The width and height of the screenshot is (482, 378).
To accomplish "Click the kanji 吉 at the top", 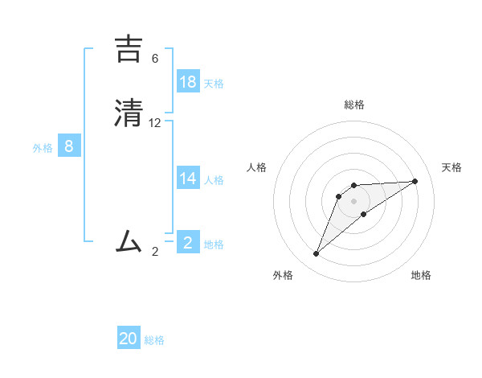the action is click(130, 49).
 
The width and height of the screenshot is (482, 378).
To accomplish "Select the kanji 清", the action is click(130, 113).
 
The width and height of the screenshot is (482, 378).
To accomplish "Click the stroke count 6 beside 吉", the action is click(155, 59).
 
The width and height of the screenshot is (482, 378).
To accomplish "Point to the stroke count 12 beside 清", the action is click(155, 123).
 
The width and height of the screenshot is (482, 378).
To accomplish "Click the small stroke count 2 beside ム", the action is click(155, 252).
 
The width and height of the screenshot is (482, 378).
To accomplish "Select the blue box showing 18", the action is click(188, 82).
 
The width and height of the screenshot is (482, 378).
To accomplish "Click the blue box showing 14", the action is click(188, 179).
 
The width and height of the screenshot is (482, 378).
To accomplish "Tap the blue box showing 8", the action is click(69, 146).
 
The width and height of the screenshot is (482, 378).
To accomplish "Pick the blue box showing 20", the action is click(129, 339).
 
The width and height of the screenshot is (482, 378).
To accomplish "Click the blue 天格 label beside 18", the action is click(214, 84).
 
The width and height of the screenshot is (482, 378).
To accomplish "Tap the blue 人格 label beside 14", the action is click(214, 180).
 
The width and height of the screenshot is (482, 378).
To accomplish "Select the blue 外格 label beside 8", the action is click(43, 148).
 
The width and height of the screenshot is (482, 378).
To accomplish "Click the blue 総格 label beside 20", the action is click(154, 340).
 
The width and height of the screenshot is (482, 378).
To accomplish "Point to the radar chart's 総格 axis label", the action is click(354, 105).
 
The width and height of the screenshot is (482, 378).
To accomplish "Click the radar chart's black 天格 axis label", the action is click(451, 167).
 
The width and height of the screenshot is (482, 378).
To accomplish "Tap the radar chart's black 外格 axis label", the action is click(283, 275).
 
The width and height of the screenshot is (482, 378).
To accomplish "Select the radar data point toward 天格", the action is click(415, 181).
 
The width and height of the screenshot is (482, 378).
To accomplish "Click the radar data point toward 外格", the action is click(317, 254).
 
